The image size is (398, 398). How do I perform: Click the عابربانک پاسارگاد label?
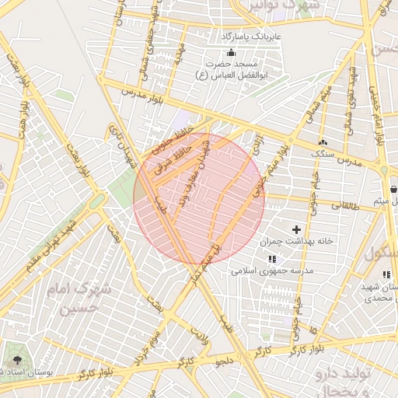tap(252, 37)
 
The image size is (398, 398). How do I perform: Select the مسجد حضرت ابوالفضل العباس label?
tap(229, 69)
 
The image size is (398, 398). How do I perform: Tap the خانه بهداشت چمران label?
tap(302, 241)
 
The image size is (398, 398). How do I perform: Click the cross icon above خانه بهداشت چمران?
tap(296, 229)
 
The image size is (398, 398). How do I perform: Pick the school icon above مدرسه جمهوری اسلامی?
tap(271, 259)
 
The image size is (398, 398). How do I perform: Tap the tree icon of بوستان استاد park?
tap(16, 361)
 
